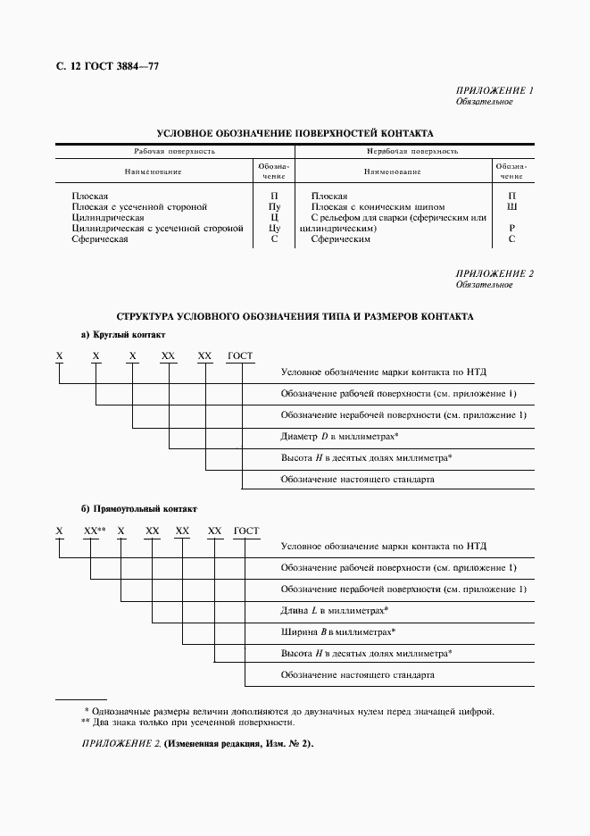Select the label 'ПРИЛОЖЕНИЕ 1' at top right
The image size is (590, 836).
tap(494, 91)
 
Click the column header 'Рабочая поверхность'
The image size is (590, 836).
tap(175, 152)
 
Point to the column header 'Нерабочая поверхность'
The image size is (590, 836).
tap(412, 152)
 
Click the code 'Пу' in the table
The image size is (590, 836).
tap(274, 206)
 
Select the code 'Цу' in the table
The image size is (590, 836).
tap(274, 228)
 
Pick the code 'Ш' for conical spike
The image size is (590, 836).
tap(511, 206)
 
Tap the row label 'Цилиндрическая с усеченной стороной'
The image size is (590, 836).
tap(157, 228)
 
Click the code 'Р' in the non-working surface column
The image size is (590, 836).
tap(511, 228)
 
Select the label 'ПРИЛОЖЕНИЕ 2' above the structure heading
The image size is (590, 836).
tap(494, 273)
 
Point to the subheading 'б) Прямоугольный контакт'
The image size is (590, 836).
tap(138, 509)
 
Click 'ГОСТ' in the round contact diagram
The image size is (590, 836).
tap(240, 355)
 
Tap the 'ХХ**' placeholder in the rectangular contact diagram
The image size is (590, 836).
tap(95, 531)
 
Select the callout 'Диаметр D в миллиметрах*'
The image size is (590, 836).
tap(339, 436)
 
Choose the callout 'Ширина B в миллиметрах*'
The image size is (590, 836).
tap(337, 631)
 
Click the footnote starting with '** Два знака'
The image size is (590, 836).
tap(187, 722)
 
